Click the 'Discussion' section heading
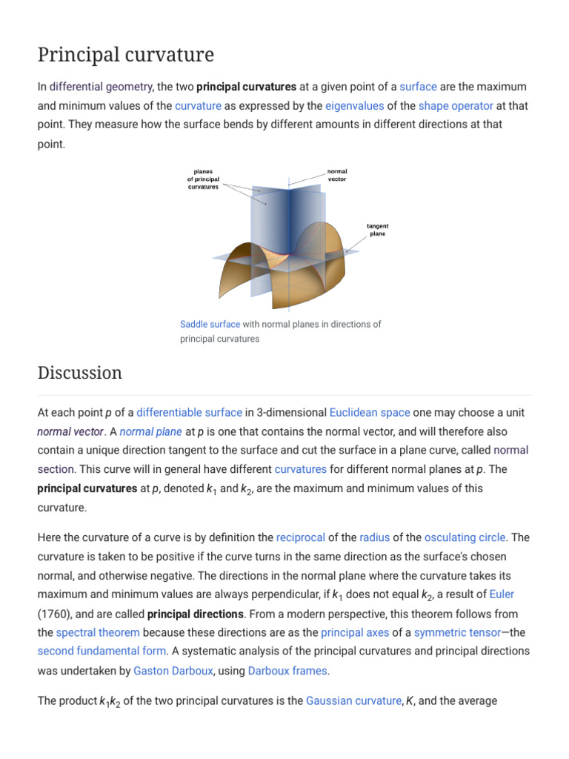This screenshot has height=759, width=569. pyautogui.click(x=80, y=373)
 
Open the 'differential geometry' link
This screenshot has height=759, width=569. pyautogui.click(x=101, y=87)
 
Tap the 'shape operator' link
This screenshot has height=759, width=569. pyautogui.click(x=456, y=106)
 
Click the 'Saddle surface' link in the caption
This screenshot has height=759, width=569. pyautogui.click(x=210, y=325)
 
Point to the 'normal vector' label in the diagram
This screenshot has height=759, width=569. pyautogui.click(x=337, y=176)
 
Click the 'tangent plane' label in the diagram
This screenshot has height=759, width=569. pyautogui.click(x=378, y=230)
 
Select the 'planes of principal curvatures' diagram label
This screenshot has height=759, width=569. pyautogui.click(x=203, y=179)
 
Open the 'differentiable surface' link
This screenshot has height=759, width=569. pyautogui.click(x=189, y=412)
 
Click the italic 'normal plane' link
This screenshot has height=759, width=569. pyautogui.click(x=150, y=431)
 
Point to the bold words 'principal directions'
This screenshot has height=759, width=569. pyautogui.click(x=196, y=614)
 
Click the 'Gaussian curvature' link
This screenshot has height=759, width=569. pyautogui.click(x=353, y=700)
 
